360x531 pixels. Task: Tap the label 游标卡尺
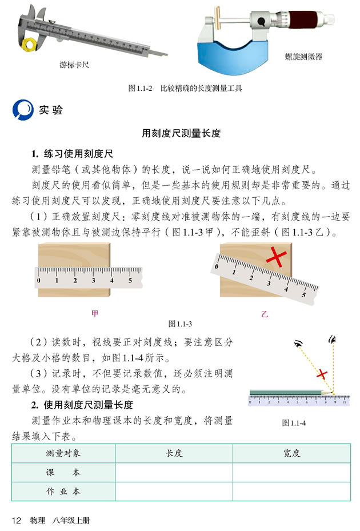click(x=74, y=65)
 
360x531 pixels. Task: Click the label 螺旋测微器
click(x=303, y=57)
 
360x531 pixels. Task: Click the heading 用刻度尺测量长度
click(x=181, y=133)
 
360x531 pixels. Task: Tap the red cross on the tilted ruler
click(x=275, y=258)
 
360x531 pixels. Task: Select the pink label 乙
click(x=264, y=314)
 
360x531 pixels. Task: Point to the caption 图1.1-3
click(x=180, y=324)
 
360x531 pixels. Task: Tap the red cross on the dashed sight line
click(x=322, y=374)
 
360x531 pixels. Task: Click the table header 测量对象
click(x=63, y=453)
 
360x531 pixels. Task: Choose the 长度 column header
click(x=174, y=453)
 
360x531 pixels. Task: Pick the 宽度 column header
click(x=291, y=453)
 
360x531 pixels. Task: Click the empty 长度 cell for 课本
click(x=174, y=473)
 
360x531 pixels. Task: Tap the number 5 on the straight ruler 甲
click(x=130, y=281)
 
